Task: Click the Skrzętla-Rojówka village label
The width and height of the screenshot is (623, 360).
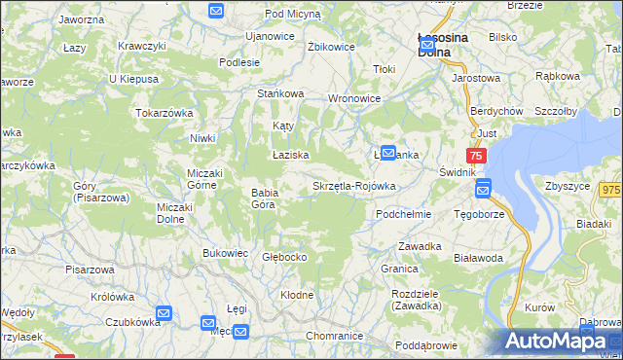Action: tap(353, 186)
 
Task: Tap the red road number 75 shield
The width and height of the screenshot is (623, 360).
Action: tap(476, 156)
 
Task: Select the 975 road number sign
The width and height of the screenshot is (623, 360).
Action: tap(611, 191)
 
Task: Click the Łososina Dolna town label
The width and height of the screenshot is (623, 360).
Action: tap(442, 45)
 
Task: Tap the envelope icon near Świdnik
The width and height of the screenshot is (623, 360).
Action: tap(482, 189)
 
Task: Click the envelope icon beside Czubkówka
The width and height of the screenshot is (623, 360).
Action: tap(164, 313)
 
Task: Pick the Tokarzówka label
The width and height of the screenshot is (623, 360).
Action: tap(165, 113)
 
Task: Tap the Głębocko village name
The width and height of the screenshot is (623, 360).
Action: tap(285, 258)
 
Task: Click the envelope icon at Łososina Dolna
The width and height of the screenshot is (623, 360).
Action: tap(426, 44)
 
